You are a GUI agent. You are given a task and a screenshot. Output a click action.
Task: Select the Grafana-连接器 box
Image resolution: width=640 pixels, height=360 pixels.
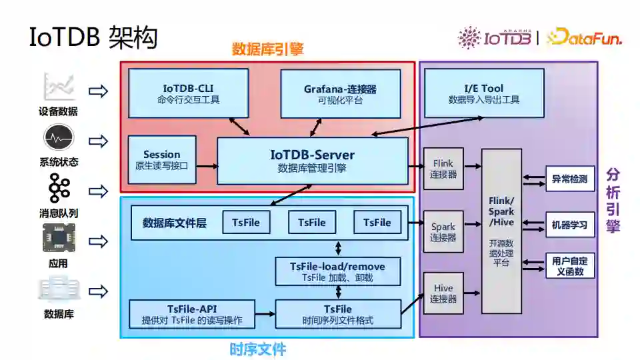point(340,94)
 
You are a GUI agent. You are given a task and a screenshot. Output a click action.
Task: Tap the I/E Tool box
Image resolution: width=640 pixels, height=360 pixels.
point(483,93)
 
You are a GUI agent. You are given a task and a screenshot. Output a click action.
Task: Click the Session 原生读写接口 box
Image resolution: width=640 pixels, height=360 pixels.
point(161,159)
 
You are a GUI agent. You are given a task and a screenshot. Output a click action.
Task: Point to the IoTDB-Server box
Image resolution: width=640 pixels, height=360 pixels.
point(312,161)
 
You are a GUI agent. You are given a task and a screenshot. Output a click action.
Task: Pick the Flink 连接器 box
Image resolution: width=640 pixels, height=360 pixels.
point(443,168)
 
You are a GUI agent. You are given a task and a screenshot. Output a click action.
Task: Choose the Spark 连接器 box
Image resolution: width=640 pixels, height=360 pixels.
point(443,232)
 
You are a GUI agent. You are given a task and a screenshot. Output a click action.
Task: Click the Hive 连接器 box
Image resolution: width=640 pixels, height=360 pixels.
point(443,293)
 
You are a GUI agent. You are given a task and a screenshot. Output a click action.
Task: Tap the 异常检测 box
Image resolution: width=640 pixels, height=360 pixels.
point(570,179)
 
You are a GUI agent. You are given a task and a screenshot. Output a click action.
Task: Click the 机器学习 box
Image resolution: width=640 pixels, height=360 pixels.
point(570,225)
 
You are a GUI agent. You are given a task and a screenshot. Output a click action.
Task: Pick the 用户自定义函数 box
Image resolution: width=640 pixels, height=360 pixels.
point(570,265)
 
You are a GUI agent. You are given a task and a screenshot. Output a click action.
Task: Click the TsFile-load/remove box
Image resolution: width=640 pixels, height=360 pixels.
point(338,271)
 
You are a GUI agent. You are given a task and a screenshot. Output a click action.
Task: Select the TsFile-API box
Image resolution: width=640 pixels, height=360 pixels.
point(191,314)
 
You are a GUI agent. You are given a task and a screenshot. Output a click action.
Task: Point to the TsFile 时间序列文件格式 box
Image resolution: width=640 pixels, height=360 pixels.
point(338,314)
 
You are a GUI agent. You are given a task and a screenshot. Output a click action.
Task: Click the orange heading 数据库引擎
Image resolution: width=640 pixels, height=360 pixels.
point(267,49)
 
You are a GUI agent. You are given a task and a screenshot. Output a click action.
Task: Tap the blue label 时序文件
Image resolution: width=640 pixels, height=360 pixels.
point(257,349)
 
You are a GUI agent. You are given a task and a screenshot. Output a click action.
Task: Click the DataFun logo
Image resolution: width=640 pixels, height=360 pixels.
point(585,37)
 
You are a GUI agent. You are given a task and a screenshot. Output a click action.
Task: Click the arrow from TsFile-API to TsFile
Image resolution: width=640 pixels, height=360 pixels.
point(265,313)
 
